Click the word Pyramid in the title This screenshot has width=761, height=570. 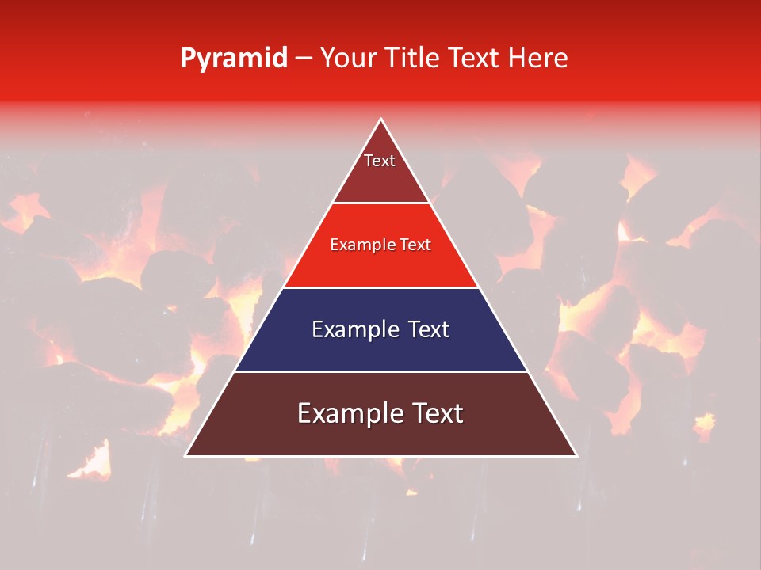[234, 59]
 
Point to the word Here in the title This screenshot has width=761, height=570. [538, 58]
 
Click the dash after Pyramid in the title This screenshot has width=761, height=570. [304, 59]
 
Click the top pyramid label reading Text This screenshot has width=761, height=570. [380, 161]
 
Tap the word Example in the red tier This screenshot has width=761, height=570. [361, 245]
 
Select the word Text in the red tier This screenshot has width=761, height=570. [415, 245]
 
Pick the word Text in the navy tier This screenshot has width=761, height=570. [429, 329]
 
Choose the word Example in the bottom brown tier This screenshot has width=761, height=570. [347, 413]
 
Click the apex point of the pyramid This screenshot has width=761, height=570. [380, 119]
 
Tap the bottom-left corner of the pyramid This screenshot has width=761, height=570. [185, 456]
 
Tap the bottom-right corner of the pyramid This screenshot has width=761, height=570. [576, 456]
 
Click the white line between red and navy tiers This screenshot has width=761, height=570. [380, 287]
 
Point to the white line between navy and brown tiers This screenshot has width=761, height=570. [380, 371]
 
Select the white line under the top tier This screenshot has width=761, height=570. [380, 203]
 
